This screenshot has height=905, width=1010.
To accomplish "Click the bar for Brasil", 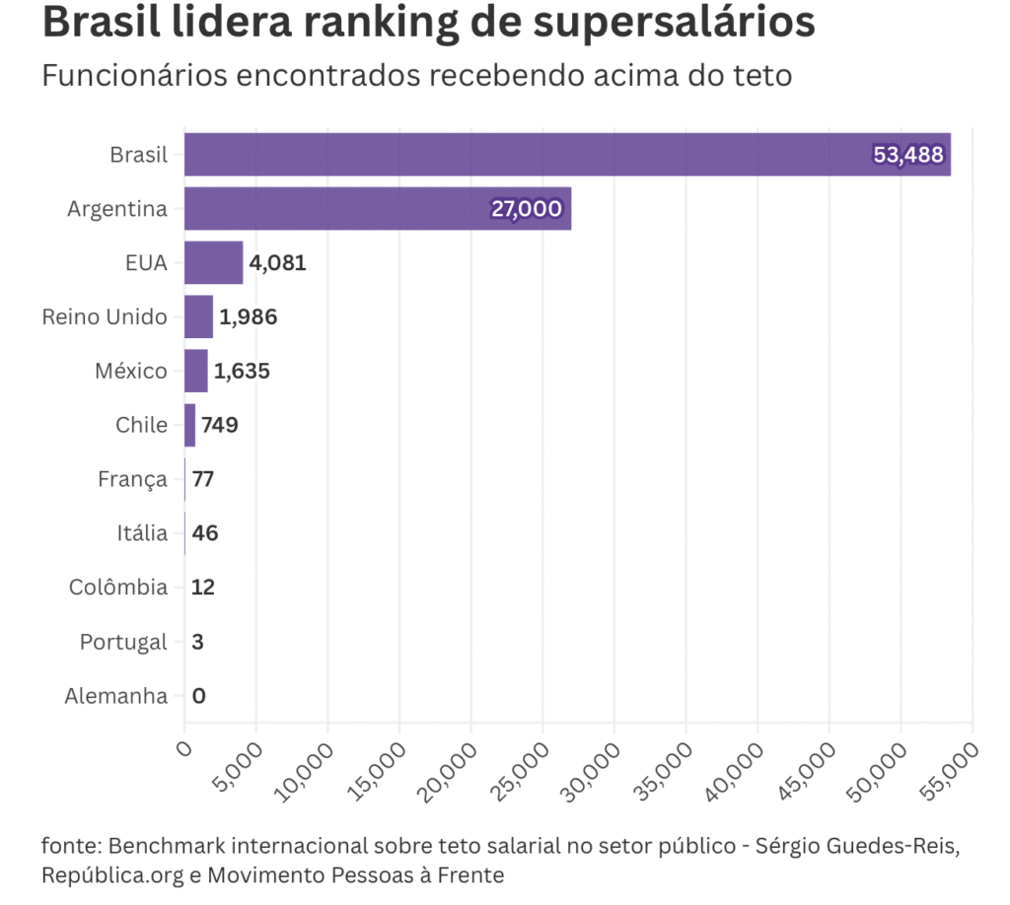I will pyautogui.click(x=567, y=155).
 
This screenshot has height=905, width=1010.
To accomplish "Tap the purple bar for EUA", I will pyautogui.click(x=213, y=263).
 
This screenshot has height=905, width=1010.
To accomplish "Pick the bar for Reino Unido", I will pyautogui.click(x=198, y=317).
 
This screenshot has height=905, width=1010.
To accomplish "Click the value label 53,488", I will pyautogui.click(x=908, y=155).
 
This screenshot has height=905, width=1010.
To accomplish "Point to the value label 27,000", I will pyautogui.click(x=527, y=209).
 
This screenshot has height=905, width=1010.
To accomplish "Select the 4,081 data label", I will pyautogui.click(x=277, y=263).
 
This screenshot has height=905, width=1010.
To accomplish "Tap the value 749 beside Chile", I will pyautogui.click(x=220, y=426).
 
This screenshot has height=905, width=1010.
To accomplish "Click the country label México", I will pyautogui.click(x=131, y=372).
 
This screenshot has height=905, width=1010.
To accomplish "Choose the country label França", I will pyautogui.click(x=132, y=480).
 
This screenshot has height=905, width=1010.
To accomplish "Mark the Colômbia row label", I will pyautogui.click(x=118, y=588).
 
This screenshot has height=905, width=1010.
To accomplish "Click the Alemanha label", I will pyautogui.click(x=115, y=696).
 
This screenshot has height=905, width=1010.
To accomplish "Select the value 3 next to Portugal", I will pyautogui.click(x=198, y=642).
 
